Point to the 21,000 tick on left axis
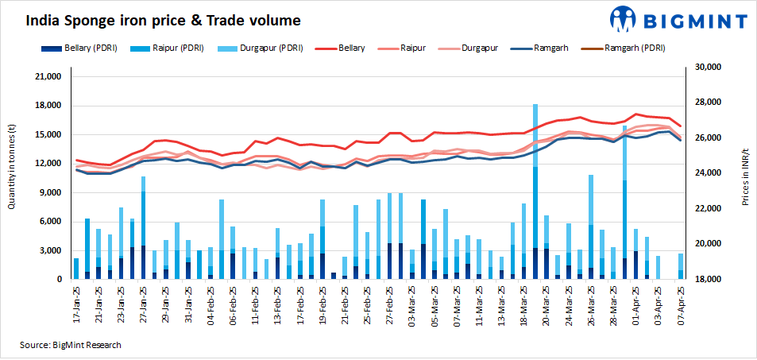[44, 77]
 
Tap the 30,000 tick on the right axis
[708, 68]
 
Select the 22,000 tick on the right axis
[708, 208]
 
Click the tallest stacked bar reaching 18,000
[535, 191]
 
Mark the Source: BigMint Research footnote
[71, 345]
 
